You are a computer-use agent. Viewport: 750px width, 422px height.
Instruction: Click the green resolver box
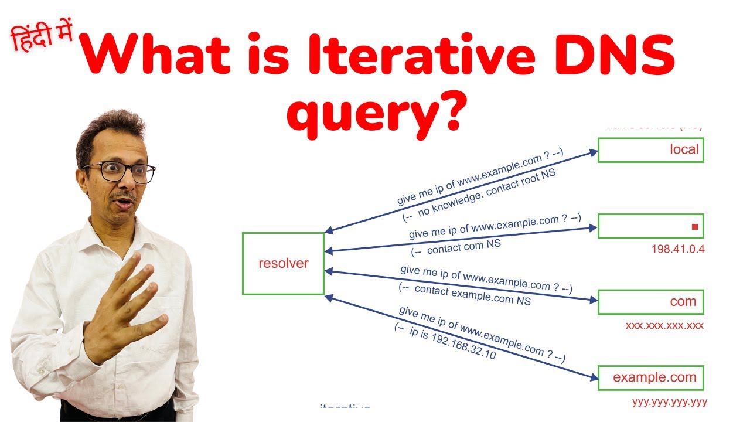283,263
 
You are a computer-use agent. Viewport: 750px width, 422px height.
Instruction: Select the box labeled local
650,149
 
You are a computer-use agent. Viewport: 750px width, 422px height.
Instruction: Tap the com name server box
650,302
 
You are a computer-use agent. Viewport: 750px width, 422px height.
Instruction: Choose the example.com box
650,378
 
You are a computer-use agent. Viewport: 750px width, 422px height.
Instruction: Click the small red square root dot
695,227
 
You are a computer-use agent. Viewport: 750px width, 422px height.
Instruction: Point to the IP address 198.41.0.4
678,249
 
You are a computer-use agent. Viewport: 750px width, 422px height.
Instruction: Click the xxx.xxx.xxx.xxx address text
664,325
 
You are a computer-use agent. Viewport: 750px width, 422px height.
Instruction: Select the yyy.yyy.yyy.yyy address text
670,402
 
